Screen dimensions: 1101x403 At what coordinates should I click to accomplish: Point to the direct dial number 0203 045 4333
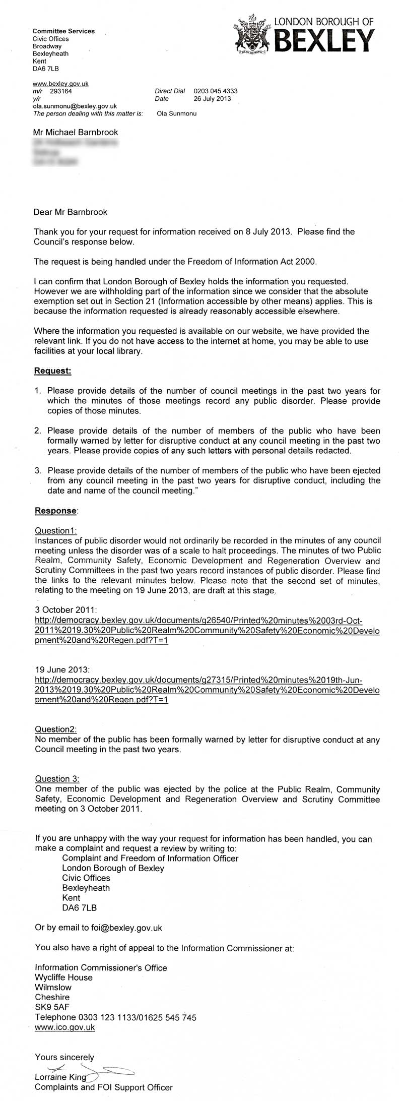[x=216, y=91]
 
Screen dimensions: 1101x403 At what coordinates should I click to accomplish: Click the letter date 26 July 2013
[x=212, y=99]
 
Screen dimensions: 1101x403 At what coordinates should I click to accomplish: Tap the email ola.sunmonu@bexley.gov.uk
[x=75, y=106]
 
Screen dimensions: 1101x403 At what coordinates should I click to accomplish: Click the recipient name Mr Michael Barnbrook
[x=76, y=132]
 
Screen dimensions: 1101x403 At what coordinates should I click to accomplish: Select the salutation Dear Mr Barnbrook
[x=71, y=212]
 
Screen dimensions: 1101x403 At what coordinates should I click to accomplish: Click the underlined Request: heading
[x=52, y=371]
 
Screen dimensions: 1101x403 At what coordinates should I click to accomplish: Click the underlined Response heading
[x=55, y=511]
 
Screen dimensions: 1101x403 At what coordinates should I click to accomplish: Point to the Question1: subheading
[x=55, y=530]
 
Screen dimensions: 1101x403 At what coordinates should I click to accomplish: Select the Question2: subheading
[x=55, y=729]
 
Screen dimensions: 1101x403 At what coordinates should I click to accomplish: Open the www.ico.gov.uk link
[x=64, y=1027]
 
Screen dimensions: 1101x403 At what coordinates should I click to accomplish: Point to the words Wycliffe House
[x=63, y=977]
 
